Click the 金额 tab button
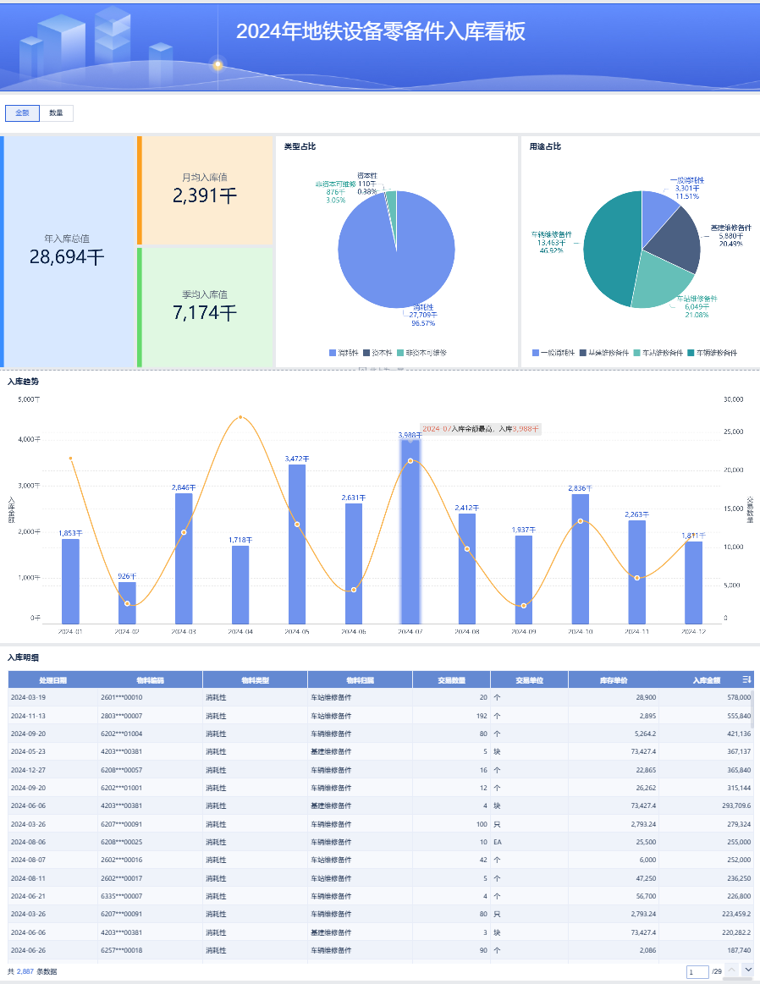click(22, 113)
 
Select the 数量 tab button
click(56, 113)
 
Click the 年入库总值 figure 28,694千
click(67, 257)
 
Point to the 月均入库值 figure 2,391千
click(205, 196)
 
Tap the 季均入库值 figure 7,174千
click(205, 313)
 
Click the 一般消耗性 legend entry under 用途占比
click(553, 352)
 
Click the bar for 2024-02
click(127, 602)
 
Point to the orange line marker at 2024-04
click(240, 417)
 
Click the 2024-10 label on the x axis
click(580, 631)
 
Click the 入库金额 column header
click(706, 679)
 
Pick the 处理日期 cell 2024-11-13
click(28, 715)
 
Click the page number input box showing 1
click(697, 972)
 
